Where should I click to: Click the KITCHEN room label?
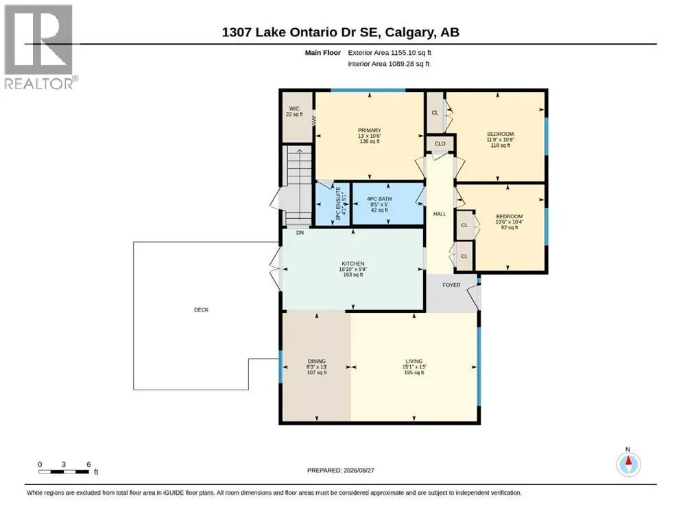(x=353, y=263)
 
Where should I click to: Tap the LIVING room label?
(x=414, y=361)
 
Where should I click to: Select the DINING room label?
(x=317, y=361)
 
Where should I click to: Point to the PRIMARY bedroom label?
(x=370, y=130)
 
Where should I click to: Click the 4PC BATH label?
(x=379, y=199)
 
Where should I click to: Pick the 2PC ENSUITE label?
(x=339, y=203)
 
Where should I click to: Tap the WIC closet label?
(x=294, y=109)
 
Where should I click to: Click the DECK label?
(x=201, y=309)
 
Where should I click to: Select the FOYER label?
(x=451, y=285)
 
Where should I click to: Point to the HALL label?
(x=440, y=214)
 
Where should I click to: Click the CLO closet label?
(x=440, y=143)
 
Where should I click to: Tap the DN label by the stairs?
(x=300, y=233)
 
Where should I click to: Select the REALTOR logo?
(x=39, y=47)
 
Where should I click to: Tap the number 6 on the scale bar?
(x=88, y=465)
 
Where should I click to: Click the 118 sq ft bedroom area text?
(x=501, y=145)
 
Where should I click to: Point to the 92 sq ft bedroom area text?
(x=510, y=227)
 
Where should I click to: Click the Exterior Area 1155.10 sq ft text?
(x=390, y=53)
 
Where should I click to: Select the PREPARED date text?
(x=340, y=470)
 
